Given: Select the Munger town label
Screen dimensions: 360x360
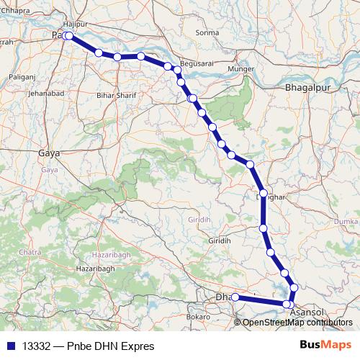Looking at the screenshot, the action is [x=240, y=69].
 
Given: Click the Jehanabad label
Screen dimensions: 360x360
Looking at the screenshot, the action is [x=47, y=94].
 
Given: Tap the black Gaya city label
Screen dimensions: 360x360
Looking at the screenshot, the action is [x=49, y=153].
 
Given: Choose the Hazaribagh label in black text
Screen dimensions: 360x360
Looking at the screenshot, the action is [x=95, y=269].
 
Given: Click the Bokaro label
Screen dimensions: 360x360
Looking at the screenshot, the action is [x=198, y=317].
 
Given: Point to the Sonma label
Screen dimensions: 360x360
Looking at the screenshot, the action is [x=207, y=33].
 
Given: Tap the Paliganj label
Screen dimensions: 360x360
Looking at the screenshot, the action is [x=22, y=76].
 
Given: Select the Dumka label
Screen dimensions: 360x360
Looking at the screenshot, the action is [x=347, y=222].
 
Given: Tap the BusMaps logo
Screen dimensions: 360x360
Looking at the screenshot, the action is [x=325, y=345].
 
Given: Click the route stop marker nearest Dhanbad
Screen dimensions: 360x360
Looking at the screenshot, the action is [x=235, y=297].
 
